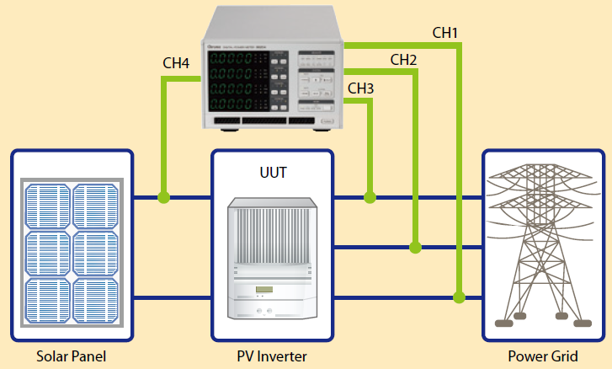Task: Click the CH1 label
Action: coord(445,33)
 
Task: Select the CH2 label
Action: coord(403,60)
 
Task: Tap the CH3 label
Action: coord(361,88)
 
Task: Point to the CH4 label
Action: coord(177,63)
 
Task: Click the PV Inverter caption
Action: coord(272,356)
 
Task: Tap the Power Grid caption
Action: coord(543,356)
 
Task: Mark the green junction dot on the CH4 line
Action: coord(164,198)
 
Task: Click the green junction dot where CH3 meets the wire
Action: coord(370,198)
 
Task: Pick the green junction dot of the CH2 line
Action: coord(414,247)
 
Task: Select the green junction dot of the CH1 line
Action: coord(459,297)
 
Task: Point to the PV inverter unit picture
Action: coord(273,257)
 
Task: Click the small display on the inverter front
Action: coord(265,291)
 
